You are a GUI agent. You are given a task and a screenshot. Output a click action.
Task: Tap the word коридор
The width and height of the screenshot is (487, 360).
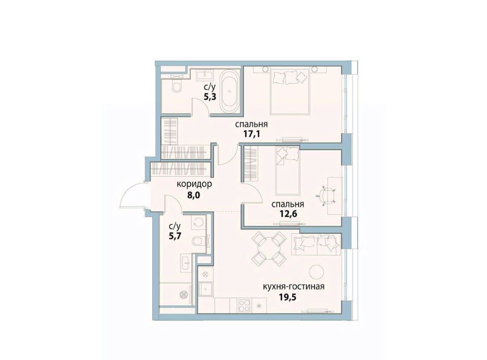pos(194,184)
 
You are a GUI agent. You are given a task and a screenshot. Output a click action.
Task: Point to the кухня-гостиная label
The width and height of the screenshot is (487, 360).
pos(294,286)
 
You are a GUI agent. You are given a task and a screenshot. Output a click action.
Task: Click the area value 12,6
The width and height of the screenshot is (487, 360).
pos(288,214)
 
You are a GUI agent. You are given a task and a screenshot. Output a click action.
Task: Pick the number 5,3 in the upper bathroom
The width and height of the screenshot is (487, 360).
pos(210,96)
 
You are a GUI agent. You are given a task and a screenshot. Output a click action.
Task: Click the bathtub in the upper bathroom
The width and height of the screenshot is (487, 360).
pos(229,92)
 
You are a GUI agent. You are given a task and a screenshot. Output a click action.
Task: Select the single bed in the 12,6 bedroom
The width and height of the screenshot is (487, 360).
pos(288,171)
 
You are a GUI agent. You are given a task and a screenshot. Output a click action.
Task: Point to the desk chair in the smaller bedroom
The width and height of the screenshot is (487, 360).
pos(327,196)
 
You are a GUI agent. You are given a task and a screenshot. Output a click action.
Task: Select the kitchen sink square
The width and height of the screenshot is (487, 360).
pos(206,289)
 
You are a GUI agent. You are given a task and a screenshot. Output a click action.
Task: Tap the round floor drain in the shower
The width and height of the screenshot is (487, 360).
pos(184,294)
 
